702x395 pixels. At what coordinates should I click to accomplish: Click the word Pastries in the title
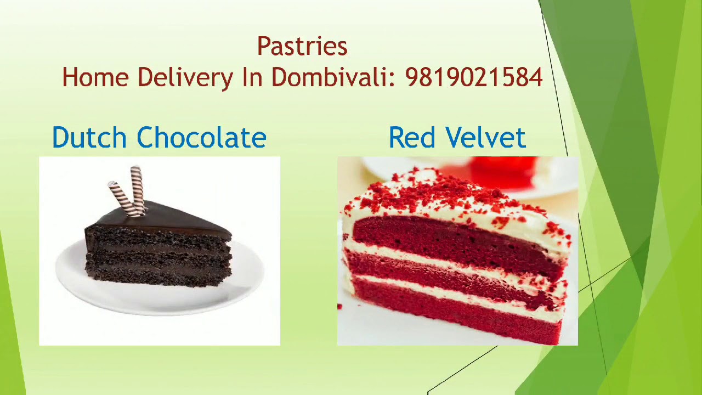[x=302, y=47]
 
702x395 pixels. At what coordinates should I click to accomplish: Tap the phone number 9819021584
[x=474, y=78]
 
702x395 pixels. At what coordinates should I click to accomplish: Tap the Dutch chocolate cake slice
[x=159, y=252]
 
